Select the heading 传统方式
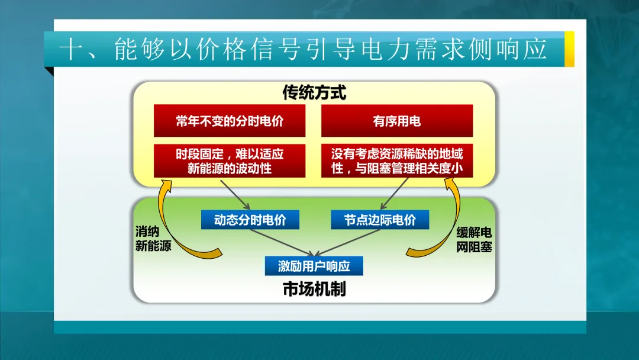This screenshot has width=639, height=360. point(314,93)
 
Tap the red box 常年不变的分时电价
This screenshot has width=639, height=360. point(230,121)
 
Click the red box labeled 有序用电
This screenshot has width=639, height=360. point(397,121)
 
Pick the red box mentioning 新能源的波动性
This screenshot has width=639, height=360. point(230,160)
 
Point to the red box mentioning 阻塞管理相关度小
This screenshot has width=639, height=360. point(397,160)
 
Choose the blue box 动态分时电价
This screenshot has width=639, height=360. point(250,220)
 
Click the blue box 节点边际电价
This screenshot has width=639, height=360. point(380,220)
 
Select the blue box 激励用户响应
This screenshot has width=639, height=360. point(314,266)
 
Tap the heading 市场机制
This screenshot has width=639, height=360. point(314,290)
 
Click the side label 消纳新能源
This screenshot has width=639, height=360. point(153,239)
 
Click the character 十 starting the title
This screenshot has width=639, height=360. point(69,50)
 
